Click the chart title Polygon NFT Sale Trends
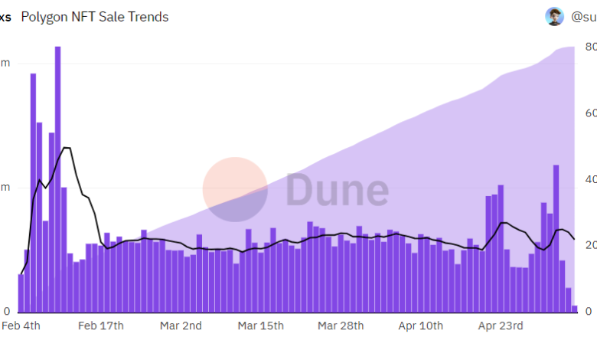point(95,17)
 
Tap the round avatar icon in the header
point(554,17)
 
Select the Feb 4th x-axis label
point(21,326)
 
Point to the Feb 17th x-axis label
point(101,326)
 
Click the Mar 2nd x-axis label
point(181,326)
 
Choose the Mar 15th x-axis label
point(261,326)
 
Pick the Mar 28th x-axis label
point(341,326)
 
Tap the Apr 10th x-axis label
point(420,326)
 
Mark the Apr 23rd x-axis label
point(501,326)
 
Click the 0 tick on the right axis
point(589,311)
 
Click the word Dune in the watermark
point(337,190)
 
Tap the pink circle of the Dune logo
point(235,189)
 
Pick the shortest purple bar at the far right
point(575,309)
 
